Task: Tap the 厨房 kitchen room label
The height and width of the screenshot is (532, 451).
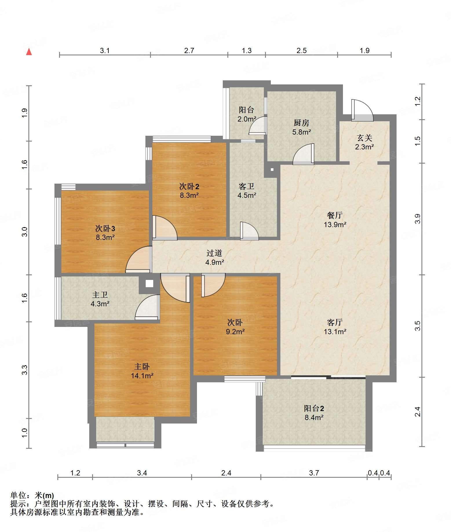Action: pos(302,123)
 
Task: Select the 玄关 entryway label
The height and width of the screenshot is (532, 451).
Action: pos(364,138)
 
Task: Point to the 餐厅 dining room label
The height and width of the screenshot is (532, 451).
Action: pos(335,215)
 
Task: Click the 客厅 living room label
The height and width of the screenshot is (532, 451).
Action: pos(335,322)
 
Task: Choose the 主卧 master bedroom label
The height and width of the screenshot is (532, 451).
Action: pos(142,367)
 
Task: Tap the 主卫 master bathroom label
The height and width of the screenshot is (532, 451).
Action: pos(100,295)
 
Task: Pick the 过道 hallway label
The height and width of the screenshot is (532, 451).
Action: pos(214,253)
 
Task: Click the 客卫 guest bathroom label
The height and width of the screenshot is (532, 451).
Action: pos(247,186)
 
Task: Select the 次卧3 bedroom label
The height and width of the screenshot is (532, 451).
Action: pos(105,229)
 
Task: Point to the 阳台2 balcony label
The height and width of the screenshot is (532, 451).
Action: pos(314,408)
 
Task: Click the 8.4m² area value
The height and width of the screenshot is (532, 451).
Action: pos(314,417)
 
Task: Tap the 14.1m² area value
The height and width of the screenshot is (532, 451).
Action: pos(142,376)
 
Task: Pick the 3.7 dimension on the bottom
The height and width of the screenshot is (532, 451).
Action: pos(314,473)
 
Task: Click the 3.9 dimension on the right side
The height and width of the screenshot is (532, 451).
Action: pos(417,219)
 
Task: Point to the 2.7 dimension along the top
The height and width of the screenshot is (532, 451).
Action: pos(189,50)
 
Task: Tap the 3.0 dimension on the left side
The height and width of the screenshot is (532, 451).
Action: pos(25,232)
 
